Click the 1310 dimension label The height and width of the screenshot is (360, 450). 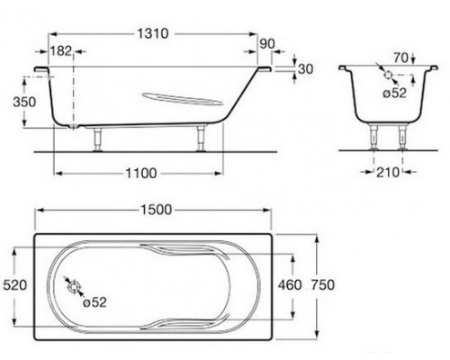click(x=153, y=33)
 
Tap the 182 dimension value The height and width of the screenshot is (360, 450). click(x=61, y=51)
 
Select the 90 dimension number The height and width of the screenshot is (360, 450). click(x=267, y=44)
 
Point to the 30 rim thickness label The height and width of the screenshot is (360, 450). click(x=306, y=69)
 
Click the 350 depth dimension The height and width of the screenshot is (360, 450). click(x=24, y=102)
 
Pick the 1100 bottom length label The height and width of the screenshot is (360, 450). click(x=141, y=173)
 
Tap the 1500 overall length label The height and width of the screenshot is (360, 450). click(x=157, y=210)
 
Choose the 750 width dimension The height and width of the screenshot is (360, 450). click(x=322, y=284)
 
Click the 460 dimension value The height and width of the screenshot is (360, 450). click(x=290, y=284)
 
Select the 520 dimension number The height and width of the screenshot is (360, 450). click(x=15, y=284)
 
